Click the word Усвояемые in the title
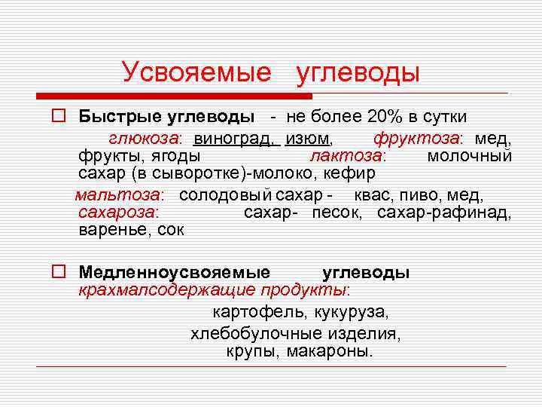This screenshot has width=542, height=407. (x=196, y=72)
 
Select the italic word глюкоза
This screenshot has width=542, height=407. (x=145, y=139)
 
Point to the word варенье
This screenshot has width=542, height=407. (x=112, y=230)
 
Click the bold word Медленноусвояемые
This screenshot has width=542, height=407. (x=175, y=273)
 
